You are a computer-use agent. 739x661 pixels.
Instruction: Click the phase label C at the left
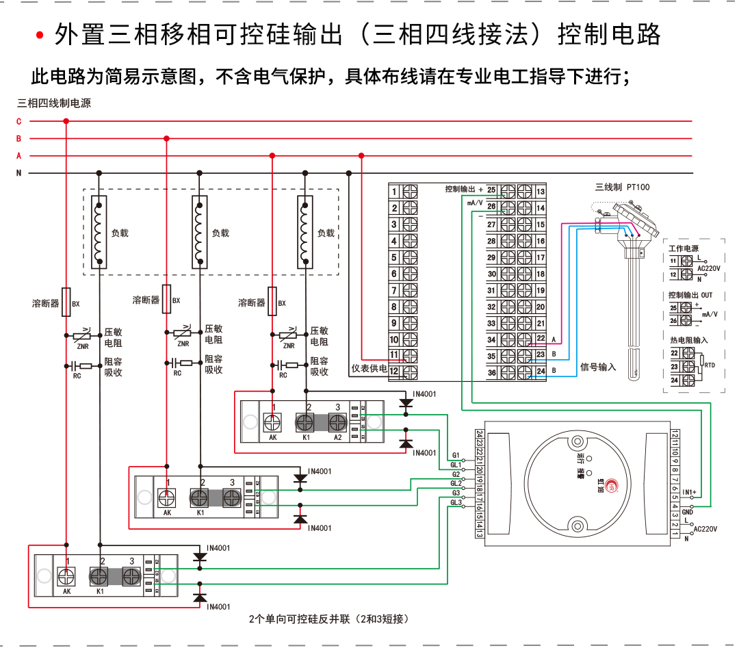tap(19, 122)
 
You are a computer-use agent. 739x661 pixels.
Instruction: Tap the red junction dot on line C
tap(66, 122)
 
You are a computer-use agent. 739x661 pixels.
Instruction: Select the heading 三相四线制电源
tap(54, 104)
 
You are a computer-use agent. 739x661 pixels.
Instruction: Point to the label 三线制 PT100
tap(622, 187)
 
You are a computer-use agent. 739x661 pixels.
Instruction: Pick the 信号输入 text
tap(598, 367)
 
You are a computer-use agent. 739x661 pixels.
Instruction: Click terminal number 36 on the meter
tap(491, 373)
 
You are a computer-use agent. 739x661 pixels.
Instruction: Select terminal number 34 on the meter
tap(491, 339)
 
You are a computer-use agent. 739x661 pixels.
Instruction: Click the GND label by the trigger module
tap(688, 511)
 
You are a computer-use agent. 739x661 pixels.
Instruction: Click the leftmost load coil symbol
tap(100, 233)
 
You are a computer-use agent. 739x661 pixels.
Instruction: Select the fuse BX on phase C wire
tap(66, 302)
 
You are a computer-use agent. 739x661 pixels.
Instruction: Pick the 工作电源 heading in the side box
tap(684, 248)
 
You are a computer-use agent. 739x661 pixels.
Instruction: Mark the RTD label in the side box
tap(710, 365)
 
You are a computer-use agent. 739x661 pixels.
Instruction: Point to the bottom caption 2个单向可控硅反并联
tap(329, 620)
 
